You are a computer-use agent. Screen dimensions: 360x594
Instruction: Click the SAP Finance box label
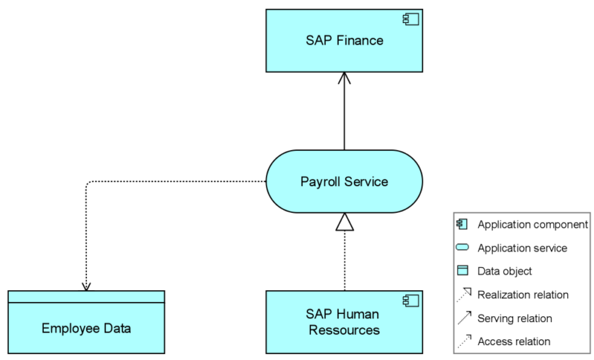point(344,40)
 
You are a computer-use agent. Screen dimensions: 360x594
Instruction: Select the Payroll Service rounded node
point(344,181)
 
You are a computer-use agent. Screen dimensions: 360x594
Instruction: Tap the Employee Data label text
point(86,328)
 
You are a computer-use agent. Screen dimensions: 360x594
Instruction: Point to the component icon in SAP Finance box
point(409,18)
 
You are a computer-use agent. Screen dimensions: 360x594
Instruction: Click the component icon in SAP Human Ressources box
point(409,300)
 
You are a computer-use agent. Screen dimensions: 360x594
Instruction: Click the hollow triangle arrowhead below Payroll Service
point(345,221)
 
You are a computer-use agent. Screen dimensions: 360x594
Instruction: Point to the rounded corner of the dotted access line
point(88,183)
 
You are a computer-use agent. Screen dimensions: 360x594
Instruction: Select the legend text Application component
point(532,224)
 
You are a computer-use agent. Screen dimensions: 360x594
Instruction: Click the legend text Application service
point(522,248)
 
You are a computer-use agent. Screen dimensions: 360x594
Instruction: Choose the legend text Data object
point(504,271)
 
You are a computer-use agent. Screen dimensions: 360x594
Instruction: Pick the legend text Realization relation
point(523,295)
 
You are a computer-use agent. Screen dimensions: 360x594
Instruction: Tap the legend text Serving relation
point(515,318)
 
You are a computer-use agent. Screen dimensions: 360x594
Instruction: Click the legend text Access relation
point(514,341)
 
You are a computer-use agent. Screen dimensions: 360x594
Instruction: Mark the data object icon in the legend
point(463,271)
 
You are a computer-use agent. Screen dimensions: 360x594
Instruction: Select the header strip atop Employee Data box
point(86,296)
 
